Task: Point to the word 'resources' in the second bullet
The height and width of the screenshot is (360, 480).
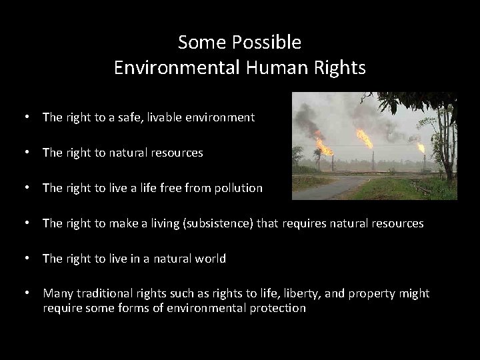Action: coord(179,153)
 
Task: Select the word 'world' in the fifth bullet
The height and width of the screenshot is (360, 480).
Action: coord(211,259)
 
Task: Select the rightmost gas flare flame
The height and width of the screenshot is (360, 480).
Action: coord(421,147)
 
